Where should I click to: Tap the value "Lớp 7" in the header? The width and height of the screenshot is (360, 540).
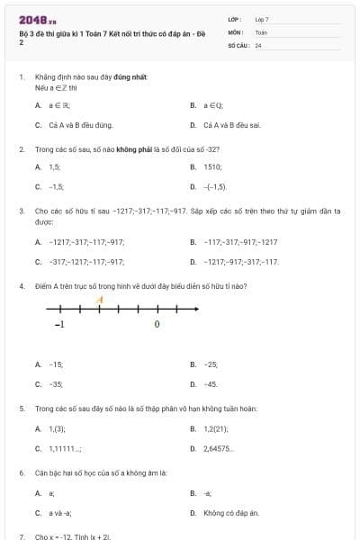pyautogui.click(x=262, y=19)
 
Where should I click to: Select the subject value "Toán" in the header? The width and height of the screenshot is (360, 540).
pyautogui.click(x=261, y=31)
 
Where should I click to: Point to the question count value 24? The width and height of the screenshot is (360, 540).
pyautogui.click(x=258, y=44)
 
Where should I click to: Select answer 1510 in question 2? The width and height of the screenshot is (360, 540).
pyautogui.click(x=212, y=166)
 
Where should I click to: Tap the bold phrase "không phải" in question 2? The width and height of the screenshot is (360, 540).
pyautogui.click(x=132, y=148)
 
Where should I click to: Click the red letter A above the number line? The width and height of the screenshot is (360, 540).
pyautogui.click(x=100, y=300)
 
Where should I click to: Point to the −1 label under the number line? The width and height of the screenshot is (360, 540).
pyautogui.click(x=59, y=324)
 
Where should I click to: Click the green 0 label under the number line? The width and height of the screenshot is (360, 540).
pyautogui.click(x=157, y=324)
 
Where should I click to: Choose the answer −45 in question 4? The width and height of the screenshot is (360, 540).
pyautogui.click(x=211, y=384)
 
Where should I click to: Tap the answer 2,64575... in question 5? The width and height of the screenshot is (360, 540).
pyautogui.click(x=219, y=448)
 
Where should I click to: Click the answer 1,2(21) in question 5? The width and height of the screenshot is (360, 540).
pyautogui.click(x=215, y=428)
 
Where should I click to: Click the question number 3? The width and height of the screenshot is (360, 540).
pyautogui.click(x=22, y=211)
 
